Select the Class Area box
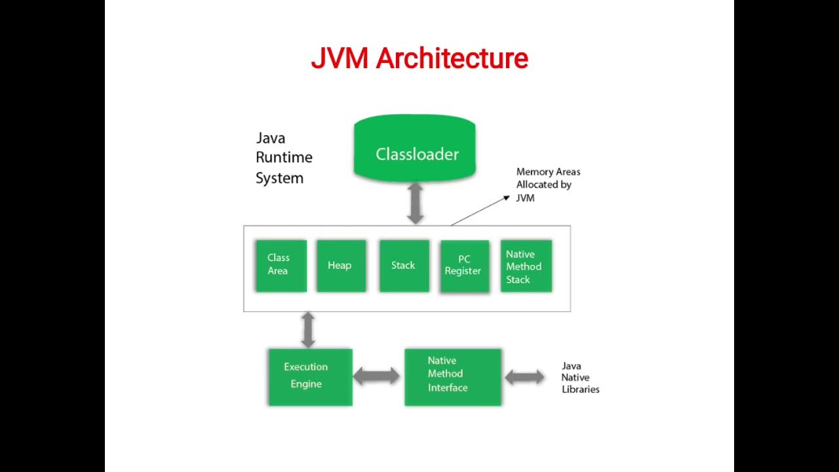[x=281, y=265]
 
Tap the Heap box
[x=341, y=265]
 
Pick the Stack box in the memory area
[x=404, y=265]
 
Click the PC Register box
[x=465, y=265]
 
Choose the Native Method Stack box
[x=526, y=266]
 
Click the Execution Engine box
[x=310, y=376]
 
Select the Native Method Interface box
[x=452, y=376]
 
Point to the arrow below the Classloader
[x=416, y=203]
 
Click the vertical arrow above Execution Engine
[x=307, y=330]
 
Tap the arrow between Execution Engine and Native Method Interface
[x=376, y=376]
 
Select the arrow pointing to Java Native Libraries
[x=524, y=377]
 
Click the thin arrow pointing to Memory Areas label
[x=478, y=210]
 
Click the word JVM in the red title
[x=340, y=59]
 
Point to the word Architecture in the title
[x=452, y=59]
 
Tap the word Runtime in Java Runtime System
[x=284, y=158]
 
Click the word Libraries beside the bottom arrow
[x=580, y=389]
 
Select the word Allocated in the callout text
[x=543, y=185]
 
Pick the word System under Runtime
[x=279, y=178]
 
